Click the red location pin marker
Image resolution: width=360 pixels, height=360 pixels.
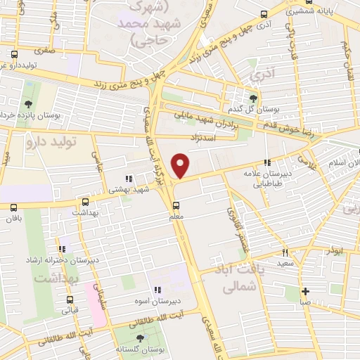(x=181, y=166)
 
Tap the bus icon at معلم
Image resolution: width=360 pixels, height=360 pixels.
(x=176, y=205)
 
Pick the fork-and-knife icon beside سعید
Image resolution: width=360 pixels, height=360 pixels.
(x=285, y=252)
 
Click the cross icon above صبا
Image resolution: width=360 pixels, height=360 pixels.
(x=304, y=291)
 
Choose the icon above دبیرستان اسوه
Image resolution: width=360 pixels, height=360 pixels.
(x=157, y=289)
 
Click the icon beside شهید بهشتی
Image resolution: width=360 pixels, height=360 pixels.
(x=128, y=179)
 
